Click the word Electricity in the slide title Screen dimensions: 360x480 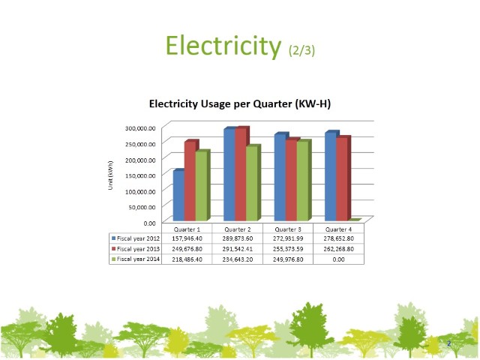point(223,46)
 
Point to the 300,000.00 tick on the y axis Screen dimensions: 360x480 point(140,127)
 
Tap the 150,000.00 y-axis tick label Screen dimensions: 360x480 point(140,175)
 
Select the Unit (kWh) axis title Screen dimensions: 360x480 point(110,175)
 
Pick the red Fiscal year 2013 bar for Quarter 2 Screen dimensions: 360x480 point(241,174)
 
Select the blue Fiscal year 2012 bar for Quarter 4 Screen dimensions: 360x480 point(331,176)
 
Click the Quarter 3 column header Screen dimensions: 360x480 point(288,229)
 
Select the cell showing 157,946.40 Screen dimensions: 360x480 point(187,238)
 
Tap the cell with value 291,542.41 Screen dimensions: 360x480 point(238,248)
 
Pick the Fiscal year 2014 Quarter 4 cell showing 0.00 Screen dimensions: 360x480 point(339,259)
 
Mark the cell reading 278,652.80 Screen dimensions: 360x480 point(339,238)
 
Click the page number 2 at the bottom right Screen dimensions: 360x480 point(448,343)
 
